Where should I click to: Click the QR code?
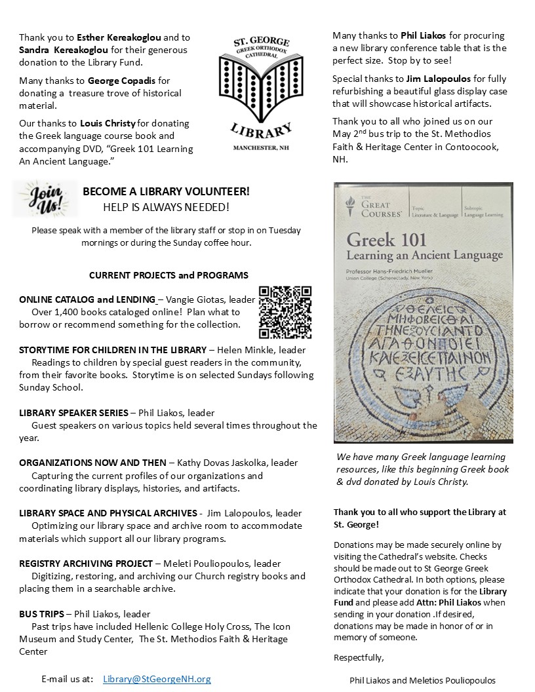[285, 311]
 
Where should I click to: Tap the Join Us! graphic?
[45, 199]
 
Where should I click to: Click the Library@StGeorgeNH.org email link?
[157, 679]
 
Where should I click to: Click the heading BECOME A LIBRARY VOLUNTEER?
[166, 191]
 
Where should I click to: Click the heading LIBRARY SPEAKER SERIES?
[73, 413]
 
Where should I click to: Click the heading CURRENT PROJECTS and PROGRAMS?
[168, 275]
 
